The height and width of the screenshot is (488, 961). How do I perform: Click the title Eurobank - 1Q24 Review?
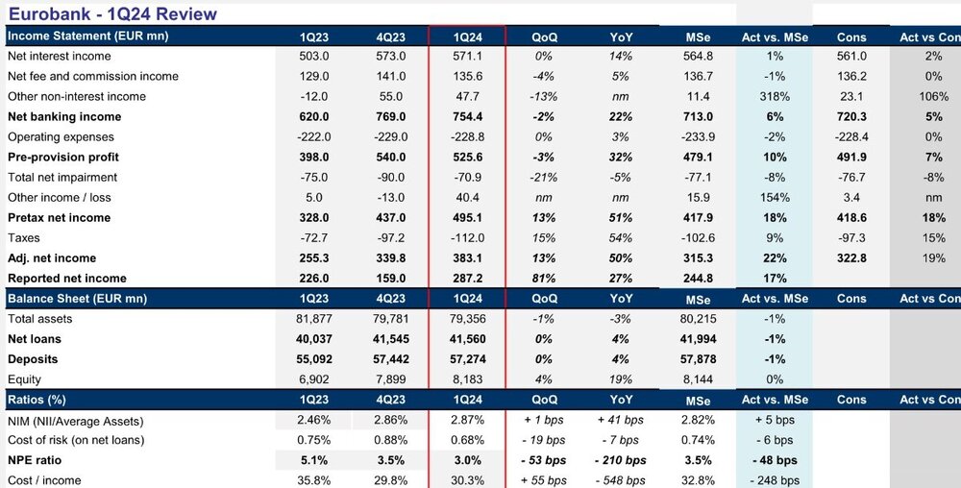(112, 13)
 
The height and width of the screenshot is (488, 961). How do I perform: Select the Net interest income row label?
(60, 57)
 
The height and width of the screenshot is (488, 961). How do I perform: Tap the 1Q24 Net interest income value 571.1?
(468, 57)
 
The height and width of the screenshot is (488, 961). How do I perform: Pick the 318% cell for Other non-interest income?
(775, 97)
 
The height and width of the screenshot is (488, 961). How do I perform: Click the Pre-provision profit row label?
(63, 158)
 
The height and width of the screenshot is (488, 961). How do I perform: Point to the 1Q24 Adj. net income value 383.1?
(468, 258)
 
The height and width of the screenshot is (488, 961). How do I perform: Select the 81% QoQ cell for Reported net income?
(544, 279)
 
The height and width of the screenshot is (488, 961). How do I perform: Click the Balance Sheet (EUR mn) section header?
(77, 299)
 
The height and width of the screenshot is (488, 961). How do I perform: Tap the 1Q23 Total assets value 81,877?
(313, 319)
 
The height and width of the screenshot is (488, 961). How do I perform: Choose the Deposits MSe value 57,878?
(698, 359)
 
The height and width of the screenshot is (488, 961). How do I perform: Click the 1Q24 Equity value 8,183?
(468, 379)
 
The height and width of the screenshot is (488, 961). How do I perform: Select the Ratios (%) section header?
(37, 400)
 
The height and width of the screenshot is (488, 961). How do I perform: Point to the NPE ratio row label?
(35, 460)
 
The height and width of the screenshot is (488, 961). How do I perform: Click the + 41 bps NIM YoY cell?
(621, 420)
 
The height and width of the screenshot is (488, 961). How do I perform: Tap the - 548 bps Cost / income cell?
(620, 480)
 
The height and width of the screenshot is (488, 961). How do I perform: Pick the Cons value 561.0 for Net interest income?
(851, 57)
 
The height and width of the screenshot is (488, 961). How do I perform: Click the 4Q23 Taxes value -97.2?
(390, 238)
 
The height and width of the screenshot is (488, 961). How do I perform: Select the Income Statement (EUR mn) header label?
(87, 37)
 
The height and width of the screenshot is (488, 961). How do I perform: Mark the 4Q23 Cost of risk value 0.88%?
(390, 440)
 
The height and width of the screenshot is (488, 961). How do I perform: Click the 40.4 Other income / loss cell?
(468, 198)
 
